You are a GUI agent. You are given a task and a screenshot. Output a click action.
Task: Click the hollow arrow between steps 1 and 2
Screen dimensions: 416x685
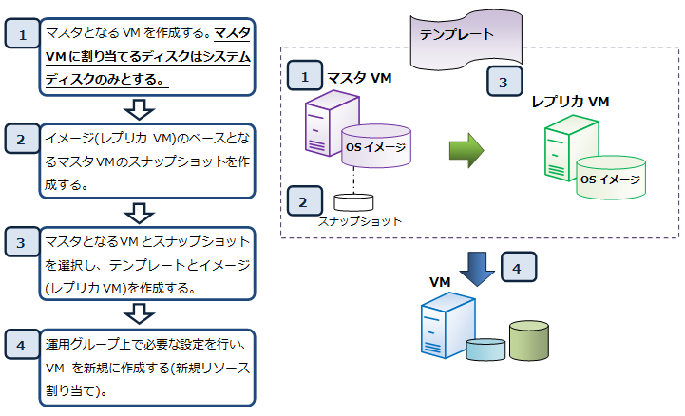point(140,108)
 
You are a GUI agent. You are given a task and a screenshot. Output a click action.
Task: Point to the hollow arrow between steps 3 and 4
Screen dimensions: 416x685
point(140,312)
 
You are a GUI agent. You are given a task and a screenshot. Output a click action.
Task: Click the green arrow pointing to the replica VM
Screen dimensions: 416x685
point(466,149)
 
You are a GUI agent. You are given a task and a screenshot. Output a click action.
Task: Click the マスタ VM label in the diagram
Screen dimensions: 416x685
point(358,75)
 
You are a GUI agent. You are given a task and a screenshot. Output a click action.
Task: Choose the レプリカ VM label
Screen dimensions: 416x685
point(570,101)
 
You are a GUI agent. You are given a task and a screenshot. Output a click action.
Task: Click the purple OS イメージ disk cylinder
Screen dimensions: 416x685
point(379,146)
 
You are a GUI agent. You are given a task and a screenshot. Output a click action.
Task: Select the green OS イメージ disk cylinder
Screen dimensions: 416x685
point(610,177)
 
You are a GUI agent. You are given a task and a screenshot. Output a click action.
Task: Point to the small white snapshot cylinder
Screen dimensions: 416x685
point(353,202)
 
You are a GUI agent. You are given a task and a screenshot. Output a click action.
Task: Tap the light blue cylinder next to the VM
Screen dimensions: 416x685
point(485,349)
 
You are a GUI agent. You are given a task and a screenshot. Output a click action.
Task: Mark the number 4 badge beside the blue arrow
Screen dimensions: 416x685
point(517,269)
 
